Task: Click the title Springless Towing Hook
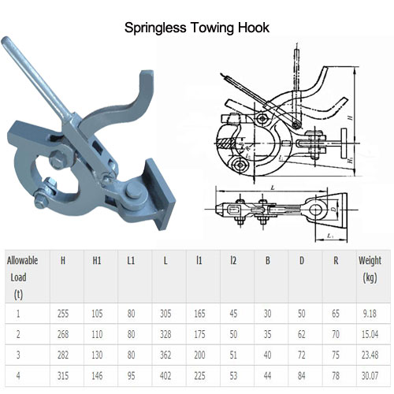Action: (x=197, y=28)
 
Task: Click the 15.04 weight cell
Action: (x=370, y=334)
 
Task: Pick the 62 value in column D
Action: (x=300, y=334)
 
